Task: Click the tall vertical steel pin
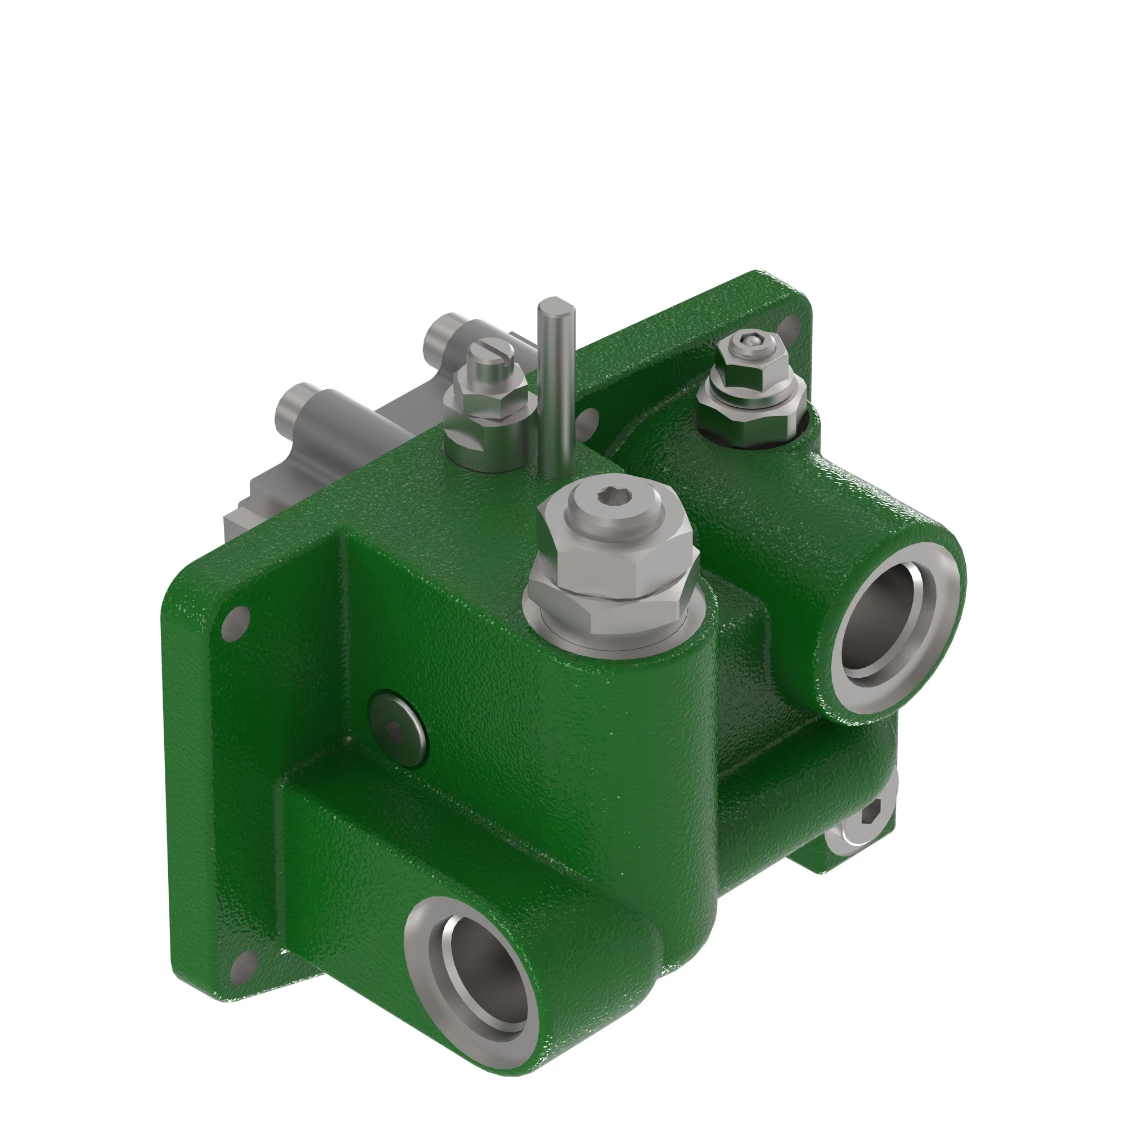tap(555, 384)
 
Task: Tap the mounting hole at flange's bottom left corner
tap(241, 967)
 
